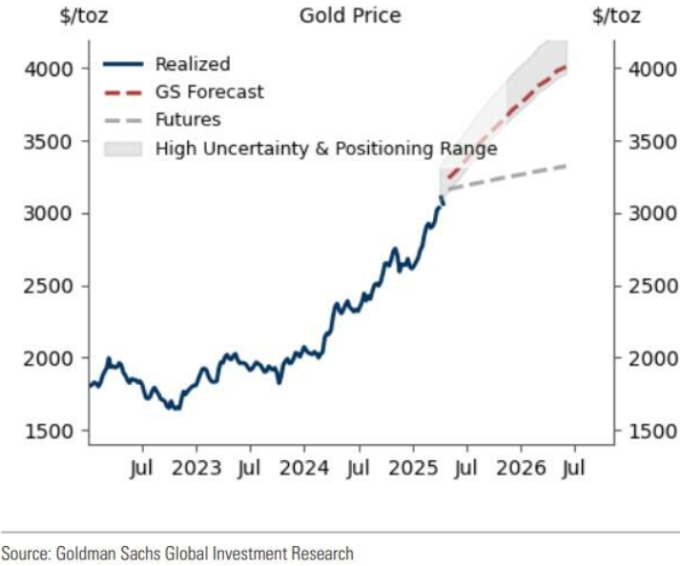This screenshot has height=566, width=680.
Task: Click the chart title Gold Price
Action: (x=350, y=15)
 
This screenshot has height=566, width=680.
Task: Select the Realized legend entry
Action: (x=192, y=65)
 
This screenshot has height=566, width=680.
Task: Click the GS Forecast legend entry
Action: (x=209, y=92)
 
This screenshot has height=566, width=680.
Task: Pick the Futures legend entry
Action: (x=187, y=120)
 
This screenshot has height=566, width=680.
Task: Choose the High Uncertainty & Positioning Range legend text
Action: (x=325, y=149)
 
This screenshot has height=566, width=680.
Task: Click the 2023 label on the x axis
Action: (x=196, y=469)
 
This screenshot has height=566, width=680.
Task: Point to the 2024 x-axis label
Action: (x=304, y=469)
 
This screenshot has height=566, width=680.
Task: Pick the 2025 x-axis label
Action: (x=413, y=469)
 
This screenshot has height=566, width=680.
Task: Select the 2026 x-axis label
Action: (x=521, y=469)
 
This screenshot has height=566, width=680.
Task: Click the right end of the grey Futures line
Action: (x=567, y=167)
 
